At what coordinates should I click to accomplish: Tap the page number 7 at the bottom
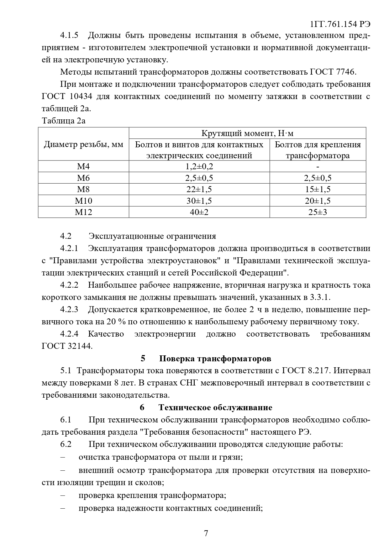tap(206, 533)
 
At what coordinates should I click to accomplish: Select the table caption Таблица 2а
tap(64, 121)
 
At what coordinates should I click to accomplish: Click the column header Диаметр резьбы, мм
tap(83, 144)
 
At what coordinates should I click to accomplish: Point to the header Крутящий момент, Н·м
tap(247, 133)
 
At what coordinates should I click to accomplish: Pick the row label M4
tap(83, 167)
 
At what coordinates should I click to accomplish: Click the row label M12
tap(83, 212)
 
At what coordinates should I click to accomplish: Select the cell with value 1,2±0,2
tap(199, 167)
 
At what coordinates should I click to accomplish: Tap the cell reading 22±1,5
tap(199, 189)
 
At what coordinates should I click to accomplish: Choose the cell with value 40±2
tap(199, 212)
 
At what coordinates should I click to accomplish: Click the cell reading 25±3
tap(318, 212)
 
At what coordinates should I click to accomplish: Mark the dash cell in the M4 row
tap(318, 167)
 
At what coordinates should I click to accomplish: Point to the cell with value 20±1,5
tap(318, 201)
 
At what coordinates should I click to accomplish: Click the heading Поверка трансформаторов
tap(215, 358)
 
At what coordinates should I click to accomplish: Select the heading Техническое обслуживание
tap(215, 407)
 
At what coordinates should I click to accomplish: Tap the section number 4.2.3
tap(69, 310)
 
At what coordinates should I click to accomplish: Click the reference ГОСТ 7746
tap(333, 72)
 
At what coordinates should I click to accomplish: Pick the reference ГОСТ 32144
tap(67, 346)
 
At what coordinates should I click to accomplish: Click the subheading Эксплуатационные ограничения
tap(152, 236)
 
